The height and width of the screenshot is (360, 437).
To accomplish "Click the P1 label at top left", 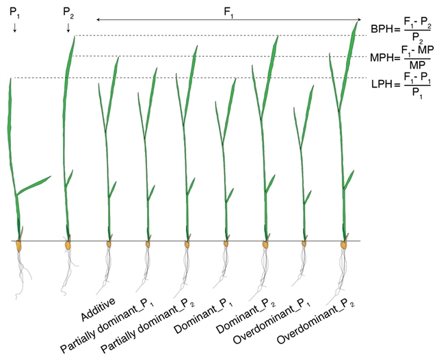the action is [15, 12].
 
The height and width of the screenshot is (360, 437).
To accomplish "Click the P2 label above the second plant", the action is [68, 12].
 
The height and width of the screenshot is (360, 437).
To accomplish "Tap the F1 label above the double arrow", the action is [229, 12].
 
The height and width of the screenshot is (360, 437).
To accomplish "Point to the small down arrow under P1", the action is [15, 27].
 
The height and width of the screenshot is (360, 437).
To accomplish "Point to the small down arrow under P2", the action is [68, 27].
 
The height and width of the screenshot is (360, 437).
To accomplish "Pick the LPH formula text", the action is [401, 84].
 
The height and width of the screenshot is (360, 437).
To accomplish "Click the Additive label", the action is [98, 309].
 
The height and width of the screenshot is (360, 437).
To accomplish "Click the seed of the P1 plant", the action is [18, 246].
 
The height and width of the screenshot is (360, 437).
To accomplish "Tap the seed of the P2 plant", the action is [68, 245].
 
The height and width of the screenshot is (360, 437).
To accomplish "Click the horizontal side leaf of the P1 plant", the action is [34, 185].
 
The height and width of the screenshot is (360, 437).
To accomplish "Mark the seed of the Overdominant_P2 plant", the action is [344, 245].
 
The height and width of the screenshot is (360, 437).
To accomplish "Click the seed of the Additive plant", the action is [109, 245].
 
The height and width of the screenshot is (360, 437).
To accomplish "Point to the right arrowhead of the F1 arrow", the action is [359, 20].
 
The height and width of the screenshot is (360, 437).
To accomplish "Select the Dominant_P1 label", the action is [203, 316].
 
